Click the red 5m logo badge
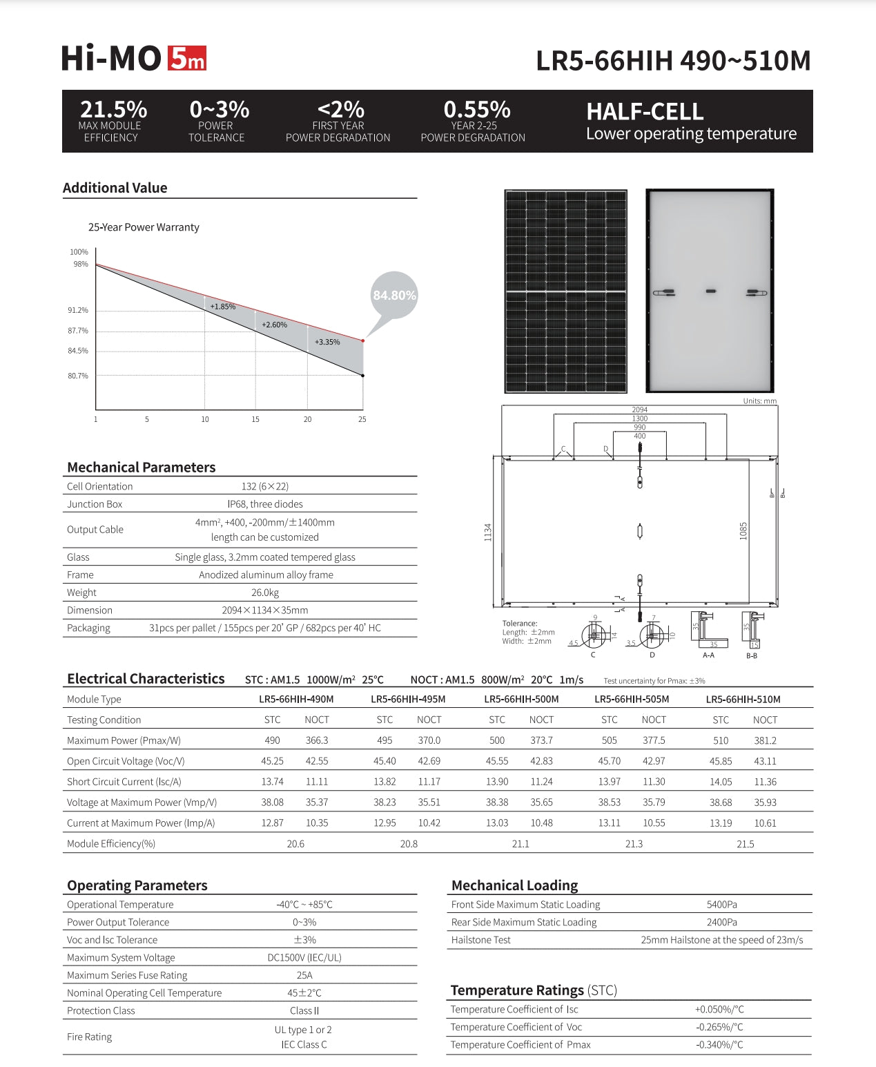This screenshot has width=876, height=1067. [x=186, y=59]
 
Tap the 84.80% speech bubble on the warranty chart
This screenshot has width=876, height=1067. [x=394, y=296]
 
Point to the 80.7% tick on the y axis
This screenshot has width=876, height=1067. [x=78, y=376]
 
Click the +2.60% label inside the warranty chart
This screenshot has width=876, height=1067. [x=274, y=325]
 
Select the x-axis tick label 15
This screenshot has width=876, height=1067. [x=255, y=419]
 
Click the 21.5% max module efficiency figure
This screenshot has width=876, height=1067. [x=113, y=109]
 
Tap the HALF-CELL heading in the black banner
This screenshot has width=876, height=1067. [x=645, y=112]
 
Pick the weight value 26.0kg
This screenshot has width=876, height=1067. [x=265, y=593]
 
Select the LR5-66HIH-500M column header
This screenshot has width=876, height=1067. [x=521, y=699]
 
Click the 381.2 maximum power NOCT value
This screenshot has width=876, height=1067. [x=765, y=740]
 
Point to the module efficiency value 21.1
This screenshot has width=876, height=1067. [x=520, y=844]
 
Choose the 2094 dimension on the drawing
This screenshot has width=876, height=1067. [x=639, y=410]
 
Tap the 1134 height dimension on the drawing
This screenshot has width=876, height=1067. [x=488, y=532]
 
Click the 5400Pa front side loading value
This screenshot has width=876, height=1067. [x=721, y=905]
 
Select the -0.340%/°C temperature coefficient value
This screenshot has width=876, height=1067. [x=719, y=1045]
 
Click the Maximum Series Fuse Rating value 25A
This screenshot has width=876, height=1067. [x=304, y=975]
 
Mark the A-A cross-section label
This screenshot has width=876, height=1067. [x=708, y=655]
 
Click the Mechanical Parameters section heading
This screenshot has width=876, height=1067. [x=142, y=468]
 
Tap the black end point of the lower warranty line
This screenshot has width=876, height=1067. [x=363, y=376]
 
